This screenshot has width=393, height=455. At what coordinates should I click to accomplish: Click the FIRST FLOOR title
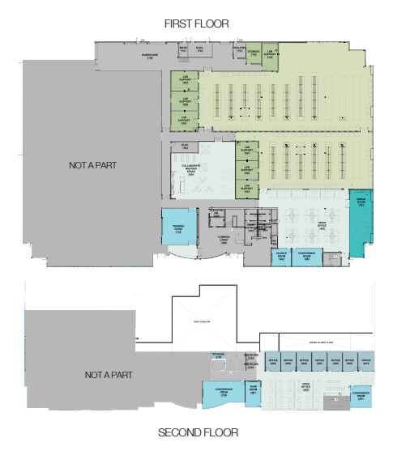tap(196, 25)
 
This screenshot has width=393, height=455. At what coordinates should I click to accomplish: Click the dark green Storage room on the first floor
tap(253, 53)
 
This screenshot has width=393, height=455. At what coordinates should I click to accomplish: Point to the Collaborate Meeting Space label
tap(191, 171)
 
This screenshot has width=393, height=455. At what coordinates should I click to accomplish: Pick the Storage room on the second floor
tap(219, 357)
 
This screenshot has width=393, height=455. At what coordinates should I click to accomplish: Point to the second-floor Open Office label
tap(305, 386)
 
